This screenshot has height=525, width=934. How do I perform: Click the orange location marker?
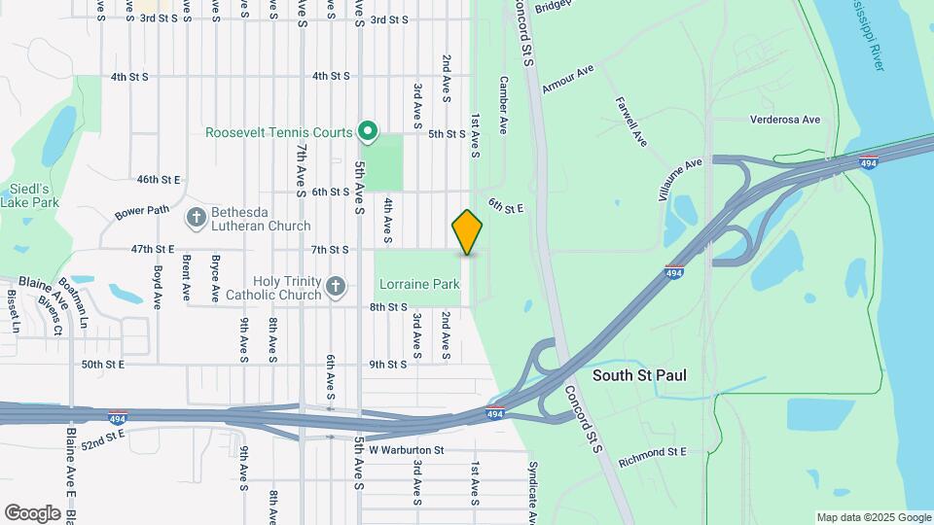coord(468,232)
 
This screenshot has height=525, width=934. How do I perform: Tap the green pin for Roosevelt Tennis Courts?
coord(368,130)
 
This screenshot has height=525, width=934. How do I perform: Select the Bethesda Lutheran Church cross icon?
coord(196,217)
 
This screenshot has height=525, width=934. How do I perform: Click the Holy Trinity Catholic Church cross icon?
coord(336,286)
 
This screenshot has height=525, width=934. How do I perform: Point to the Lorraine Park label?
coord(419,285)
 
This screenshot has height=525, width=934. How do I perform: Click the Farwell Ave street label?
coord(631,121)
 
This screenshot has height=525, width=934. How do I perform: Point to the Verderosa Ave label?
coord(786,121)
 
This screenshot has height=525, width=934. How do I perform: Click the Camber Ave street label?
coord(504,105)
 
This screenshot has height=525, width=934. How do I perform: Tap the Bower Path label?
coord(142,210)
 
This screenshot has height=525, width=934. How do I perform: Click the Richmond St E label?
coord(652,452)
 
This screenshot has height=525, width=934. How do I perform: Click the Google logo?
coord(32,512)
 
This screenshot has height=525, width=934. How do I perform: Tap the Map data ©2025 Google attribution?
coord(872,517)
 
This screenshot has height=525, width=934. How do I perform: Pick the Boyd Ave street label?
coord(157,287)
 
